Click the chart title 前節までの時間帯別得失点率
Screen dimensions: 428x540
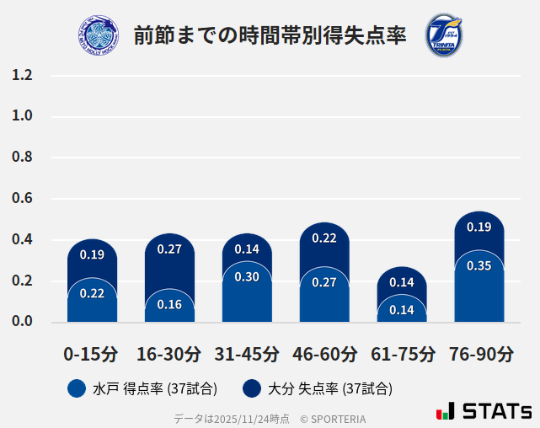270,35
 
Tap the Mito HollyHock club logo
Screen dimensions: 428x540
98,35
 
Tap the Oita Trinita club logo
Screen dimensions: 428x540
443,35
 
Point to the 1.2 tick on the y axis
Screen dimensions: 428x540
22,76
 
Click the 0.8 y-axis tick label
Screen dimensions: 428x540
22,158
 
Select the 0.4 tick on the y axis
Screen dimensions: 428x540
22,240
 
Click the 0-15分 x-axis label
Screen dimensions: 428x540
92,354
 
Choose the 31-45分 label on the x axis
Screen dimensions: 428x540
247,354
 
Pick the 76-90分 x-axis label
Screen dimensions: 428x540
479,354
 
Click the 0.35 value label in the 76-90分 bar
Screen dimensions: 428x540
479,266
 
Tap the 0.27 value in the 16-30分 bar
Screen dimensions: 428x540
169,249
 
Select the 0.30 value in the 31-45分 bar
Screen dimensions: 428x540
247,277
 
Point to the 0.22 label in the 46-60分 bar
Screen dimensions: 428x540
324,238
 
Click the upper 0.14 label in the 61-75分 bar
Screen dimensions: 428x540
402,283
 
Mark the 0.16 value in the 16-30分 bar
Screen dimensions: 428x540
169,304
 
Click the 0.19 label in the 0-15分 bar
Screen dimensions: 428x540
92,254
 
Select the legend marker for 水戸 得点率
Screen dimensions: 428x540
77,388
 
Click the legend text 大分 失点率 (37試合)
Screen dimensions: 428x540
329,388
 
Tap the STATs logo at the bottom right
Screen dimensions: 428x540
484,411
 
